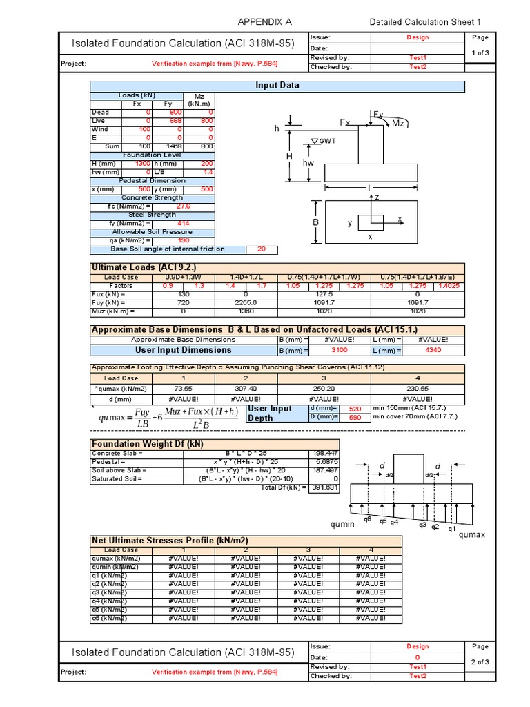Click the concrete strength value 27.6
(x=183, y=206)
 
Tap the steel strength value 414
(x=183, y=223)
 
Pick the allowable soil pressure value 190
(x=183, y=240)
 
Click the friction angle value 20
(x=261, y=249)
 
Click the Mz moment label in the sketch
(x=398, y=122)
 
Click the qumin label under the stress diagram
(x=342, y=524)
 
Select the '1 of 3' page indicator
(x=480, y=52)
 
